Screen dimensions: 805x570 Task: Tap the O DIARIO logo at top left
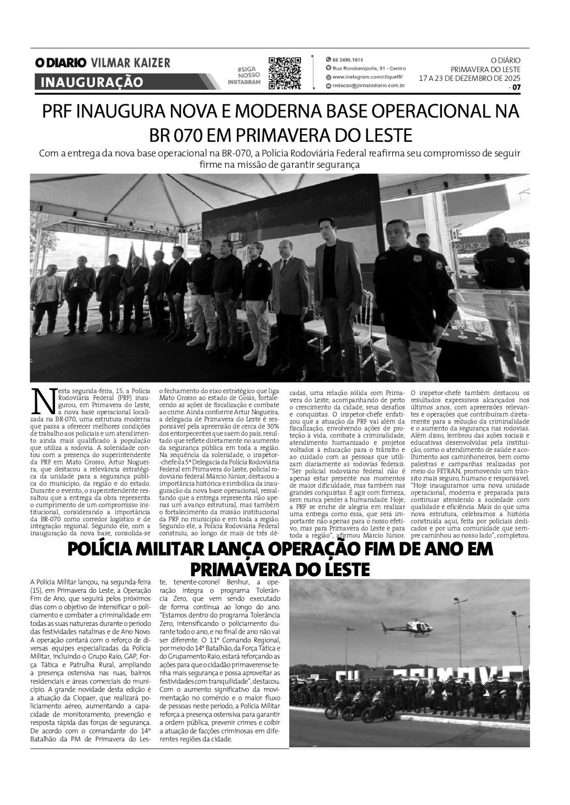[x=61, y=63]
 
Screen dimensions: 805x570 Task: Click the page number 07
[x=516, y=87]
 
